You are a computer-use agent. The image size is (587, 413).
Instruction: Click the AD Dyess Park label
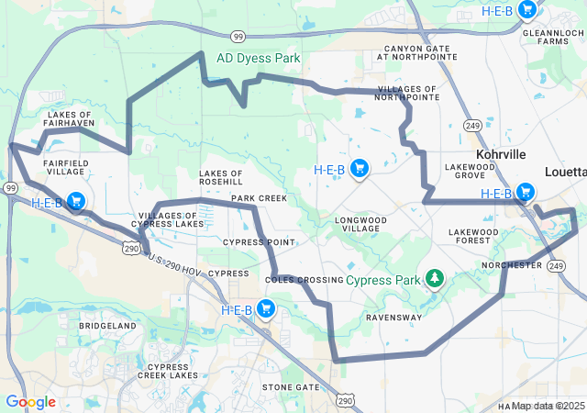[x=258, y=58]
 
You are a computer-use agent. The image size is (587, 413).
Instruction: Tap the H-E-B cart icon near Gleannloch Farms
[x=526, y=10]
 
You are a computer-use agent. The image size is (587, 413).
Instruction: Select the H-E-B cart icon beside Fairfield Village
[x=75, y=201]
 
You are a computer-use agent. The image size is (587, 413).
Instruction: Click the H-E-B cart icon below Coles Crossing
[x=266, y=308]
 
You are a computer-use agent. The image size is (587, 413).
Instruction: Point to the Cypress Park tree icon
[x=434, y=278]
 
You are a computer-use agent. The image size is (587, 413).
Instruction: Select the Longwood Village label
[x=363, y=226]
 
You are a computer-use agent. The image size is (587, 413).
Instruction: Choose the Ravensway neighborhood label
[x=393, y=318]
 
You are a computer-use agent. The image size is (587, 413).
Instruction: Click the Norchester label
[x=512, y=265]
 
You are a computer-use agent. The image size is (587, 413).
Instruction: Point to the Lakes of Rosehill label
[x=221, y=177]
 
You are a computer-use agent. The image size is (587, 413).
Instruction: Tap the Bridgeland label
[x=107, y=326]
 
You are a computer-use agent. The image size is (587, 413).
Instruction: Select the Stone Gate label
[x=291, y=387]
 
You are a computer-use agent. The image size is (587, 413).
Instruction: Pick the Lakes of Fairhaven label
[x=68, y=120]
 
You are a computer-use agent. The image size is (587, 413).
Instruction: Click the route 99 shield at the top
[x=238, y=37]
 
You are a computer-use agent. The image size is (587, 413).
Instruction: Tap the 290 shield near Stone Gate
[x=344, y=401]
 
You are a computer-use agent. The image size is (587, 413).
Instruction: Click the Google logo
[x=30, y=402]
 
